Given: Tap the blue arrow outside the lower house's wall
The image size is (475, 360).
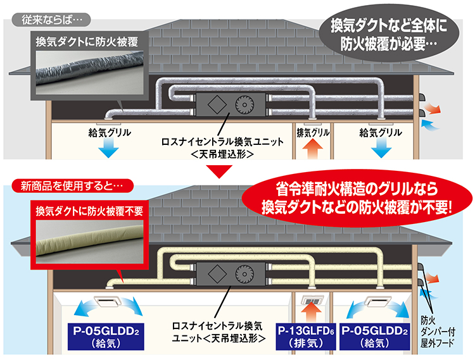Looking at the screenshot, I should click(436, 292).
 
